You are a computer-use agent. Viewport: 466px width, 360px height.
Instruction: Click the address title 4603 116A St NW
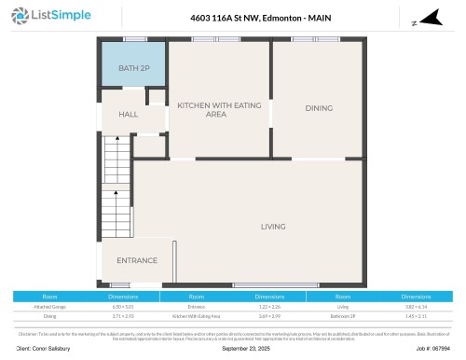(233, 17)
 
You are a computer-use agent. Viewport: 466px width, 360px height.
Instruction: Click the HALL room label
(128, 114)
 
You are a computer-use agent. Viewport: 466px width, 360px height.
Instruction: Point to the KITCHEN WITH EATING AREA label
(215, 110)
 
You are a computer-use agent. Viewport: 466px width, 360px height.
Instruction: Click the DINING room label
(319, 108)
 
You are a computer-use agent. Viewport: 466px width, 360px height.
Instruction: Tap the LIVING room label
(273, 227)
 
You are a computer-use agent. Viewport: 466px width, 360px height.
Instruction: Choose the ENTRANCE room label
(137, 260)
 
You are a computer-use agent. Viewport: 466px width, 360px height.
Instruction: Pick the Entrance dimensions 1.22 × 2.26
(267, 306)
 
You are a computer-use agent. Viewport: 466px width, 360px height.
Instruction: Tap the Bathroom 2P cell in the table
(341, 316)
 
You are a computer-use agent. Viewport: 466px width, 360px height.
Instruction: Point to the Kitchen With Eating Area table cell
(196, 316)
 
